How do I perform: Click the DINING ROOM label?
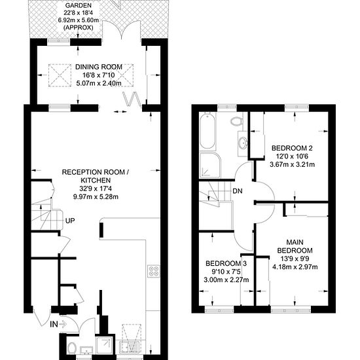pos(99,67)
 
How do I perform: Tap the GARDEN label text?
pos(79,5)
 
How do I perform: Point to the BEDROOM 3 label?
pos(226,263)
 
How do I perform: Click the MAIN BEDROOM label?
pos(295,246)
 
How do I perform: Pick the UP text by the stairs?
pos(70,221)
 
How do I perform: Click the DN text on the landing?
pos(238,190)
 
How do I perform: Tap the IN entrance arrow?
pos(58,324)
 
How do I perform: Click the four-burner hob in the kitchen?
pos(154,271)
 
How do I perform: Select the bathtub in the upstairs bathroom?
pos(207,131)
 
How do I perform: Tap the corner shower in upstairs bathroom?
pos(210,165)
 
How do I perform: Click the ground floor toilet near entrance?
pos(72,348)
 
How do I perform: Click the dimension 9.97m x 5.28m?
pos(96,197)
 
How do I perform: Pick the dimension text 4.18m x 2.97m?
pos(295,267)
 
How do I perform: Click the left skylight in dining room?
pos(60,75)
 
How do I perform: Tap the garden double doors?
pos(121,31)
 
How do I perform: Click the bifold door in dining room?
pos(132,99)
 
